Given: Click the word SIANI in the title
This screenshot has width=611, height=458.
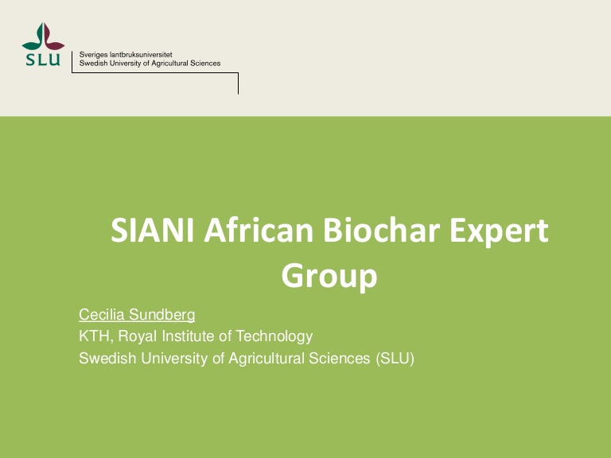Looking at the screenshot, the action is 153,230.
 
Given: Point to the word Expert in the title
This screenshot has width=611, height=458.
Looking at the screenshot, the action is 499,232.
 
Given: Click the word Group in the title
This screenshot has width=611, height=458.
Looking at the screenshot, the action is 329,276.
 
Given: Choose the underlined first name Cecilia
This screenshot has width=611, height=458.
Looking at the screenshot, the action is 102,314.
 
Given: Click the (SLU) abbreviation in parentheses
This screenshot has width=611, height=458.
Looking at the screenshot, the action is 395,359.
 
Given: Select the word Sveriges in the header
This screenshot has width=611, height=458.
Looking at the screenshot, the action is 93,55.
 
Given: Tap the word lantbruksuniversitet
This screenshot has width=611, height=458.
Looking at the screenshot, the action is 141,55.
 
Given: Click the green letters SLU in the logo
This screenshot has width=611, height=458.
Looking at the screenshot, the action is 43,60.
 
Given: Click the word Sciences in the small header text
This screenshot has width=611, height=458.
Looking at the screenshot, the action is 205,64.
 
